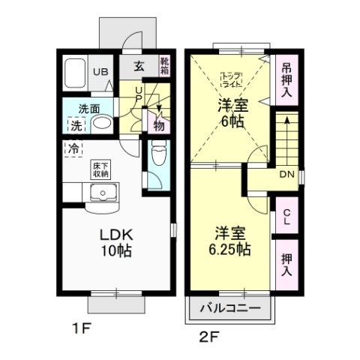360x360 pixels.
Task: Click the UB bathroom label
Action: pos(99,72)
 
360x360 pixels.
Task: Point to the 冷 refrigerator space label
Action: pos(74,148)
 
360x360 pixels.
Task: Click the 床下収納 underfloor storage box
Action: pos(100,169)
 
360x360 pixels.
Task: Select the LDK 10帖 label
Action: pos(116,242)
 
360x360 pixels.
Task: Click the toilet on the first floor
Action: pos(157,157)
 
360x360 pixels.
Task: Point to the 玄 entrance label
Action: pos(139,66)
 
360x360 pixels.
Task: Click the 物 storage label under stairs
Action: pos(159,124)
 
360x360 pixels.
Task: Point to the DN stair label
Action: pos(286,175)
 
